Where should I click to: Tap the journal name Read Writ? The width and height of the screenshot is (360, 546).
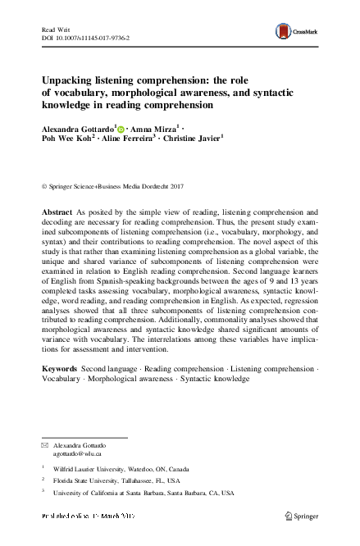[54, 29]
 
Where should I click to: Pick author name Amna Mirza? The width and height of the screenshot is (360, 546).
[154, 130]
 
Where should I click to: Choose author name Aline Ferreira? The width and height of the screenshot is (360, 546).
[128, 140]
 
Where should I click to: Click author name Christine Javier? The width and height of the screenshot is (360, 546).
[194, 140]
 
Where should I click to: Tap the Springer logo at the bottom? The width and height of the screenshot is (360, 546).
[300, 516]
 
